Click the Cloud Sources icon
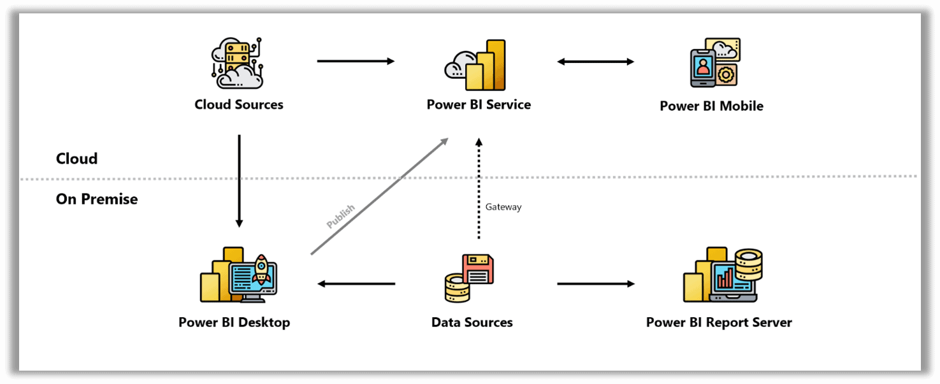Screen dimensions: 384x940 [238, 62]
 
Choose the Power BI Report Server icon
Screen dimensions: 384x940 [722, 276]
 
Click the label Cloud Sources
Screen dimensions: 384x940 [239, 104]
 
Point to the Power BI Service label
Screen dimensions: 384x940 [479, 104]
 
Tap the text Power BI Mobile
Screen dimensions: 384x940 [711, 106]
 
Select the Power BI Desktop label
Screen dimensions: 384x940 [234, 322]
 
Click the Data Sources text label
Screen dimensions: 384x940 [472, 322]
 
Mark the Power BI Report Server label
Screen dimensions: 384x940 [719, 322]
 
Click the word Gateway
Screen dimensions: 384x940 [503, 207]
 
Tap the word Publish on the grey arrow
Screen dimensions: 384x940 [340, 217]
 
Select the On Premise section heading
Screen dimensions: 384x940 [97, 199]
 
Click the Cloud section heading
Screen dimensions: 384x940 [76, 159]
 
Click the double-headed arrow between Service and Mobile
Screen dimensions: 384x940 [595, 62]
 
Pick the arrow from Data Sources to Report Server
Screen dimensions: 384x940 [595, 283]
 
